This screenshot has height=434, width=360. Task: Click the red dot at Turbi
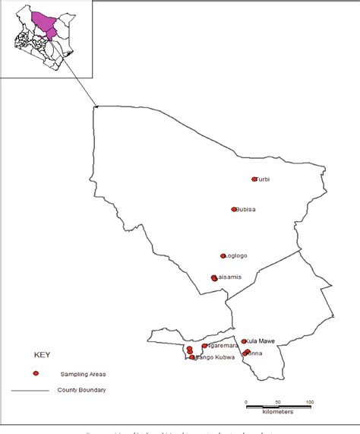point(254,179)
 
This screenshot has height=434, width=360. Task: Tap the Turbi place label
point(264,179)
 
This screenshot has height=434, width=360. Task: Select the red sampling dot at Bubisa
point(234,209)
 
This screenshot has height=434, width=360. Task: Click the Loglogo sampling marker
point(223,256)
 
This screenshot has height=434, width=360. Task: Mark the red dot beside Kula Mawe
point(244,342)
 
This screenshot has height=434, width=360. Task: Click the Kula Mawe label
point(261,342)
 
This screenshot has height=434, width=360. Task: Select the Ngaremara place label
point(218,346)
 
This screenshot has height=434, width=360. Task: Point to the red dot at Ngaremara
point(204,346)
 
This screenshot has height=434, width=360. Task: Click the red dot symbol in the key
point(36,374)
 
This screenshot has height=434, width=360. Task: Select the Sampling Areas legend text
point(84,375)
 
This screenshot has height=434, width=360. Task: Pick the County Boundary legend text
point(82,391)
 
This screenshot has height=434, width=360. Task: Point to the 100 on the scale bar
point(310,401)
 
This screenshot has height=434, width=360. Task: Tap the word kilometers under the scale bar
point(278,412)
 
